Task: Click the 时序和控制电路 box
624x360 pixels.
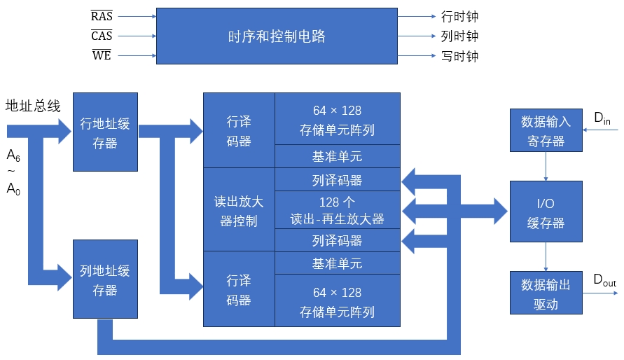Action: (x=277, y=36)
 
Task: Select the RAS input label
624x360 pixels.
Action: (x=102, y=16)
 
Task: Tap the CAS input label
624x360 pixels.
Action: (x=102, y=36)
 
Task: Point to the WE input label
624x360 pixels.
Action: (x=102, y=55)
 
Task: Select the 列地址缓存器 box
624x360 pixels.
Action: (x=105, y=280)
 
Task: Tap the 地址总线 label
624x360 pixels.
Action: (x=33, y=106)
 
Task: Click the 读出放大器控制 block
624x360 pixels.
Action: (x=239, y=211)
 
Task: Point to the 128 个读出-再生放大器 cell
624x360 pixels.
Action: (x=337, y=210)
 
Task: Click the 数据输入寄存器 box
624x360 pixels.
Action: (x=546, y=131)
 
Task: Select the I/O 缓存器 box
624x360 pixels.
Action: (x=546, y=213)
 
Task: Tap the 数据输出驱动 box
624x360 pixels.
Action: (x=546, y=293)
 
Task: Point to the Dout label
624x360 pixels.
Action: (x=604, y=279)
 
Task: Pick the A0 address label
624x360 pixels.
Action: (x=13, y=188)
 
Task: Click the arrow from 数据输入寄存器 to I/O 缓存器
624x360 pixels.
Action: (x=546, y=166)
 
